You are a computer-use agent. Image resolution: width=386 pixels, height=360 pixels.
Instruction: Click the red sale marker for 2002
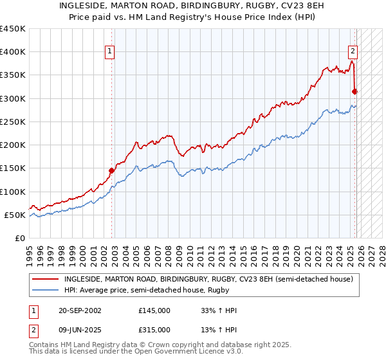(111, 170)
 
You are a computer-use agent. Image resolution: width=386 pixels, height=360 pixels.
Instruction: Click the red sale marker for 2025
(354, 91)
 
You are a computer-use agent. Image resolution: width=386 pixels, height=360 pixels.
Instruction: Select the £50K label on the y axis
(15, 215)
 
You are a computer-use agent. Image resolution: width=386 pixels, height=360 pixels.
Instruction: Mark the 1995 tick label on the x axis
(30, 252)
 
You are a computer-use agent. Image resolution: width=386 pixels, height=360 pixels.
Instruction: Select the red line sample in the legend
(46, 280)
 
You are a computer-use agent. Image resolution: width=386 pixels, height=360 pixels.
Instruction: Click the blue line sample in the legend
(46, 291)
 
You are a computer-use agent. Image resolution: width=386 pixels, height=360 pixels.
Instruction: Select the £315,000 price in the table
(154, 329)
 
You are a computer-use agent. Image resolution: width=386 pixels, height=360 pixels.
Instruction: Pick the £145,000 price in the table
(154, 310)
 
